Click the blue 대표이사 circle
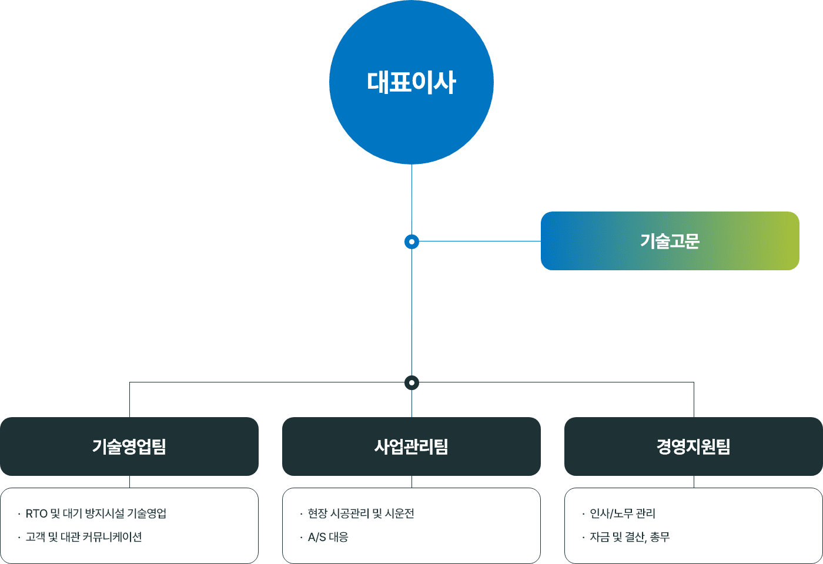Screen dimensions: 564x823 411,82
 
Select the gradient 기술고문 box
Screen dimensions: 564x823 670,241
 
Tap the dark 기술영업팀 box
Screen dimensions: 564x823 129,446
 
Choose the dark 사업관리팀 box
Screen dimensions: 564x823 411,446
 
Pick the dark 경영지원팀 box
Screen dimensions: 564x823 694,446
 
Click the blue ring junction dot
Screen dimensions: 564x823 411,241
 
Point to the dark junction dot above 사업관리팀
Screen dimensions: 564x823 411,383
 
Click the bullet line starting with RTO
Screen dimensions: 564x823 96,513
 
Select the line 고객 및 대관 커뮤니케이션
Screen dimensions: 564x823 83,537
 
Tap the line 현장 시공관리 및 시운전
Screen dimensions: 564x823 361,513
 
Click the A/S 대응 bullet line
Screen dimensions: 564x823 328,537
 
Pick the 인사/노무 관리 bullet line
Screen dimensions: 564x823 622,513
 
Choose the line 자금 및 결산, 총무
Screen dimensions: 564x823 629,537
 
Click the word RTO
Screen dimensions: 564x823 36,513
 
